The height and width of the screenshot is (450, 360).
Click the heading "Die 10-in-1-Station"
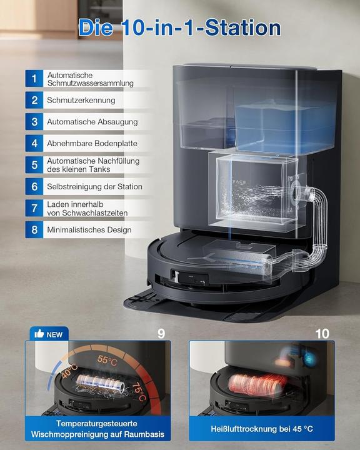pyautogui.click(x=180, y=27)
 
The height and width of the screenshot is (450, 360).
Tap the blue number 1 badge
pyautogui.click(x=34, y=78)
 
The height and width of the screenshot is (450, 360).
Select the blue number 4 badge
pyautogui.click(x=34, y=143)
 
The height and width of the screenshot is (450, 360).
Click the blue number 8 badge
pyautogui.click(x=34, y=229)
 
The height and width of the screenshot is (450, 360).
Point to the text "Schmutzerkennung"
pyautogui.click(x=81, y=100)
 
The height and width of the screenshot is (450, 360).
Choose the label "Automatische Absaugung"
pyautogui.click(x=92, y=122)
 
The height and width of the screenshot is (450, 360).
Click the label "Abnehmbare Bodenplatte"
pyautogui.click(x=92, y=143)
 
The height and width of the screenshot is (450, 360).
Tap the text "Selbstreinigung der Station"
pyautogui.click(x=94, y=186)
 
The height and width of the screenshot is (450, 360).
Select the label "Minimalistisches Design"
pyautogui.click(x=89, y=229)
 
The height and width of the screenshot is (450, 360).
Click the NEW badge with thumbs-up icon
pyautogui.click(x=49, y=334)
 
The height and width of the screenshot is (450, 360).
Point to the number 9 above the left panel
pyautogui.click(x=161, y=333)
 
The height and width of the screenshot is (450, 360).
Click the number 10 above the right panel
pyautogui.click(x=322, y=333)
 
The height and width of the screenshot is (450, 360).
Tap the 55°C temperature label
pyautogui.click(x=106, y=361)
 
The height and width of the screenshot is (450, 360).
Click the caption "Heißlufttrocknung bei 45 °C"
pyautogui.click(x=262, y=429)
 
